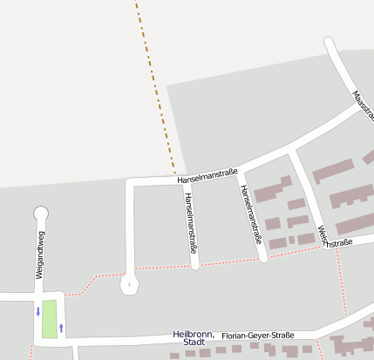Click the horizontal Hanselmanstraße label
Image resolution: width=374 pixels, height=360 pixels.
click(208, 173)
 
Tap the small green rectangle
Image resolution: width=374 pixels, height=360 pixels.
click(49, 318)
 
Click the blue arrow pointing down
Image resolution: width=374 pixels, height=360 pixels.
click(37, 311)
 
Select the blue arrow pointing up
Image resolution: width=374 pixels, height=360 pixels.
click(61, 328)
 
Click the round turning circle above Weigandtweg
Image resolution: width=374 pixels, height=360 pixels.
click(40, 213)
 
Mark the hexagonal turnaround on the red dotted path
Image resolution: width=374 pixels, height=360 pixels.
click(129, 283)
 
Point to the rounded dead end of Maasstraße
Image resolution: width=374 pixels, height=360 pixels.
click(329, 42)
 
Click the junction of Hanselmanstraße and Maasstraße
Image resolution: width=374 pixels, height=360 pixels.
click(360, 107)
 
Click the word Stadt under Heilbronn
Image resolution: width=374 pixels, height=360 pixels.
click(194, 343)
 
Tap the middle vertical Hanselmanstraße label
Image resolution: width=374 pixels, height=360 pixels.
click(191, 222)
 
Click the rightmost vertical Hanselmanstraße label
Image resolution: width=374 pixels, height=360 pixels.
click(251, 214)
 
